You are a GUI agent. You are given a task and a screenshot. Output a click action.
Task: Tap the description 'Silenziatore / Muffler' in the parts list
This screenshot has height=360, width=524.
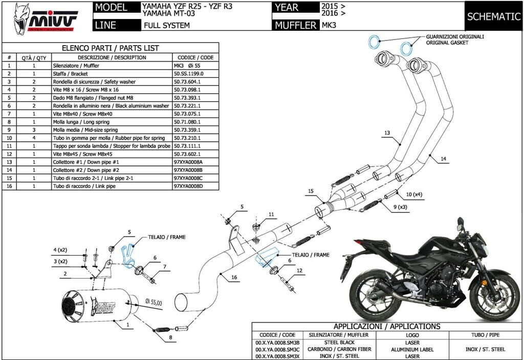pyautogui.click(x=76, y=66)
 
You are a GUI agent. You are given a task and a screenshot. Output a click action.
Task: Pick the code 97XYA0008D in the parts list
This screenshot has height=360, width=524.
pyautogui.click(x=189, y=186)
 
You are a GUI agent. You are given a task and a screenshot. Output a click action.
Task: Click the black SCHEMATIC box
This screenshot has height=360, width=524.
pyautogui.click(x=493, y=16)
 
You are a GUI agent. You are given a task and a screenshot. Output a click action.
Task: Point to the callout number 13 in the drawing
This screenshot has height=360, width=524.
pyautogui.click(x=387, y=133)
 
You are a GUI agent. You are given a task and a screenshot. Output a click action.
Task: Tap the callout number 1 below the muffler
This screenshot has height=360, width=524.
pyautogui.click(x=127, y=324)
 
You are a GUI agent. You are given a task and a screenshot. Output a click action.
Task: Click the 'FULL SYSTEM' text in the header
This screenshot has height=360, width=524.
pyautogui.click(x=166, y=25)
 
